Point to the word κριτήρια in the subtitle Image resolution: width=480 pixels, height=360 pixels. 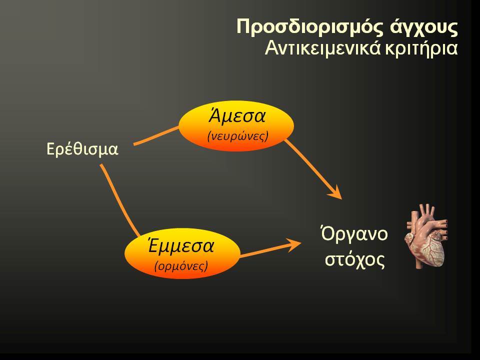(421, 49)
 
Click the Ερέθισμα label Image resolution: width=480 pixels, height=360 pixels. (82, 149)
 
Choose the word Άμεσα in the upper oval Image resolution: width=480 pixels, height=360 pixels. (236, 116)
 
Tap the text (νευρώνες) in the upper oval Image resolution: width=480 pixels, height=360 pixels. (237, 136)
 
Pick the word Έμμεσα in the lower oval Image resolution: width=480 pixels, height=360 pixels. (180, 246)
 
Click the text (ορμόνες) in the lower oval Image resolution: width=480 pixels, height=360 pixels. (181, 265)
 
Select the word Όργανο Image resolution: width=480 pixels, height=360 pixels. (354, 234)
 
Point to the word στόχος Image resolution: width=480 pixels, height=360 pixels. (354, 259)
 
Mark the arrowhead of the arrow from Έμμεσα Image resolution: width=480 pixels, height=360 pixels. (293, 243)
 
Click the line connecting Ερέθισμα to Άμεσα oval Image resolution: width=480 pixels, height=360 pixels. (156, 135)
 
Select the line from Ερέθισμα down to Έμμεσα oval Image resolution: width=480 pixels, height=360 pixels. (119, 199)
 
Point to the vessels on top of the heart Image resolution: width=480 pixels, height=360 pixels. (426, 211)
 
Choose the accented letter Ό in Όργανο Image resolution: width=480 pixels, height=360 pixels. (327, 233)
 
